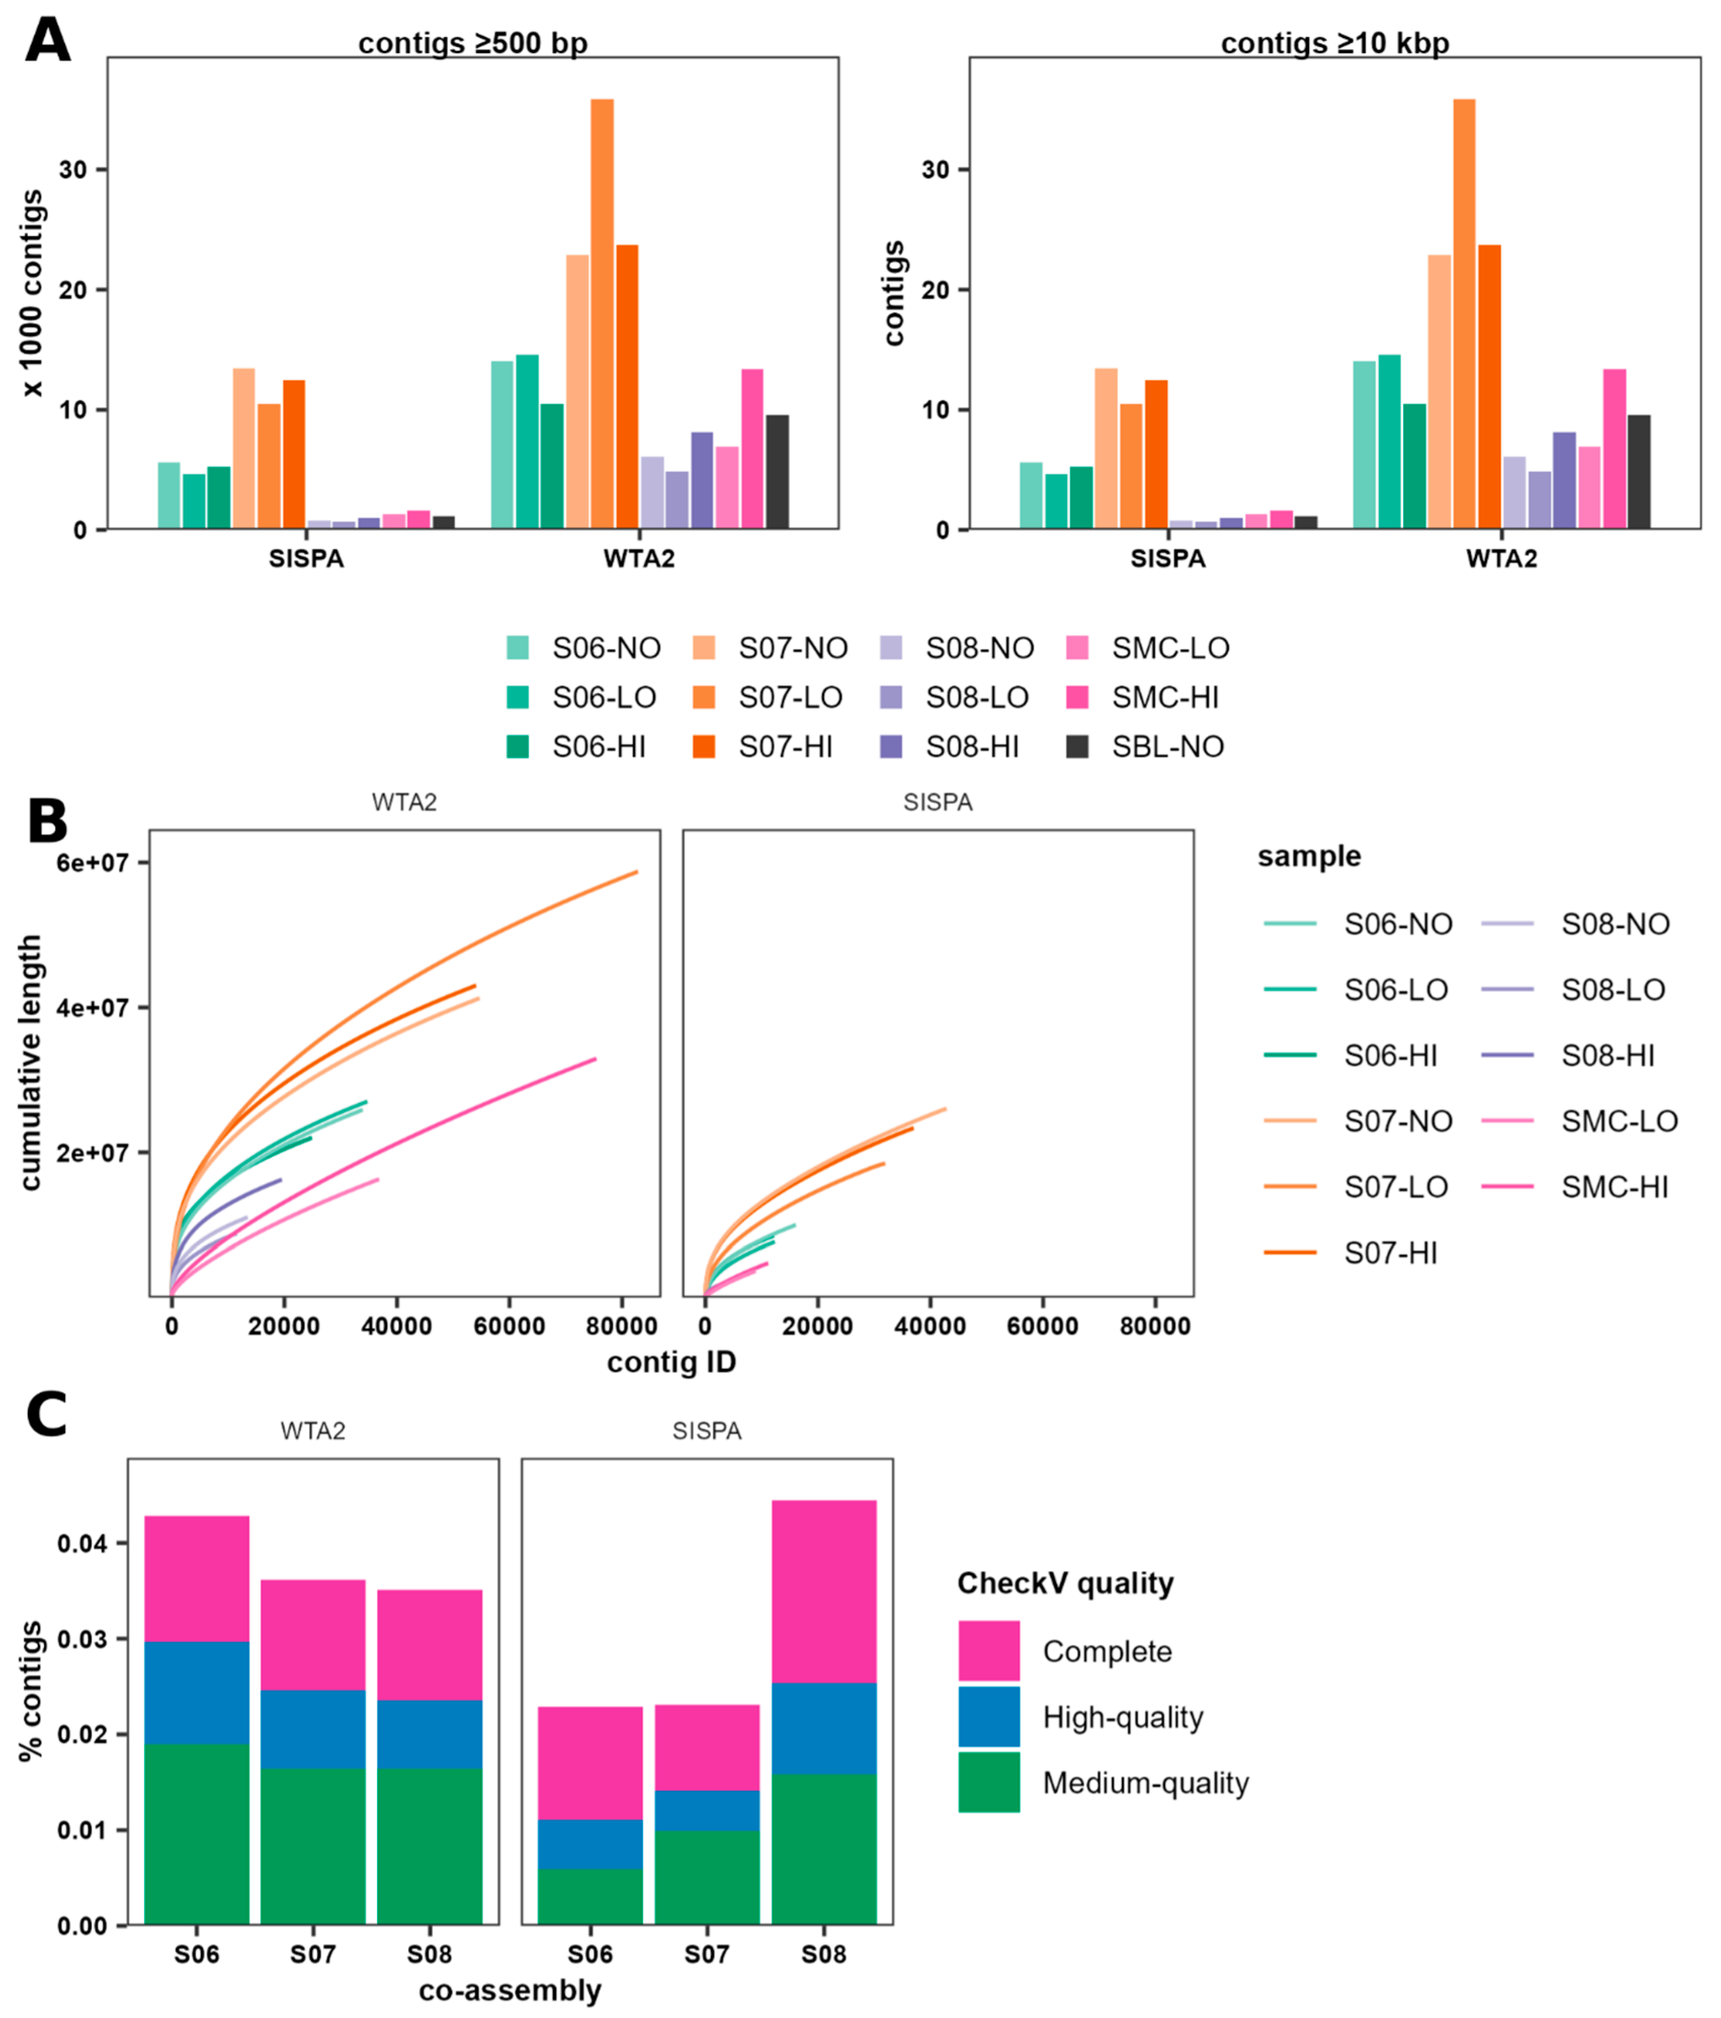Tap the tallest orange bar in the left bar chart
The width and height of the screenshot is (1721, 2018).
[602, 312]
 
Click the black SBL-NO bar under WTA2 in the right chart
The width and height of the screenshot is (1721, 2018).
[1638, 472]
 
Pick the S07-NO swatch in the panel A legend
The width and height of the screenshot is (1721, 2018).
[703, 648]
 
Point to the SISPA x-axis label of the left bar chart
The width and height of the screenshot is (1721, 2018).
[306, 559]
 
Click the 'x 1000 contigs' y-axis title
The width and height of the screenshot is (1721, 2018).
[33, 292]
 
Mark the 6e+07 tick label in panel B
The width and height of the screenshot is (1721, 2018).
[93, 863]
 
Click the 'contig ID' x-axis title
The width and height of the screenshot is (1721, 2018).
[671, 1362]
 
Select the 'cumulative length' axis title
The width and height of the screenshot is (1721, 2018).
[31, 1062]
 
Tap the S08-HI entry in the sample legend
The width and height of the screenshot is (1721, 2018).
[1607, 1056]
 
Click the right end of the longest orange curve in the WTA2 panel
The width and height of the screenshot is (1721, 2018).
[637, 871]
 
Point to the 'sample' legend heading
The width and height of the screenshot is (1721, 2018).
[1309, 856]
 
